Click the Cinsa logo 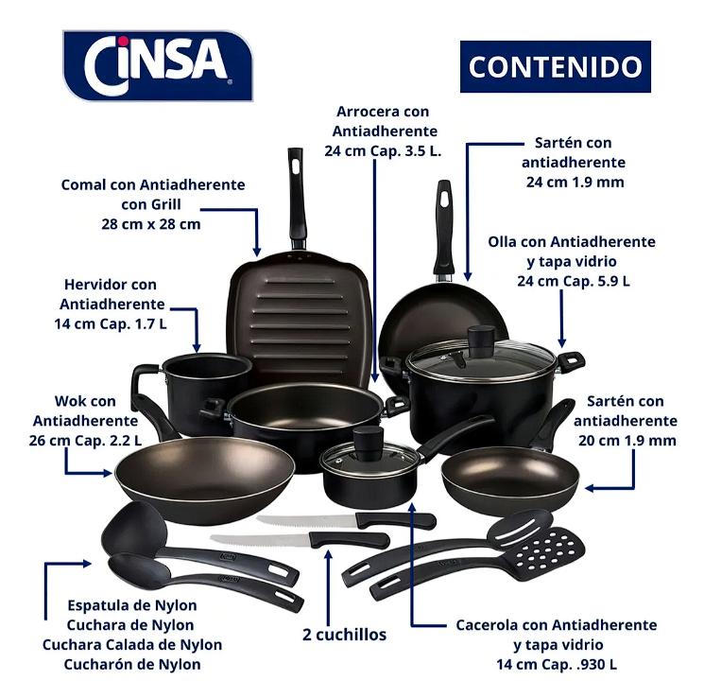coord(158,65)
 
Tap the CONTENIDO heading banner coord(556,66)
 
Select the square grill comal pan coord(300,317)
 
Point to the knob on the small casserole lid coord(369,444)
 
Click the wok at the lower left coord(204,480)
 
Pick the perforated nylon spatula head coord(549,550)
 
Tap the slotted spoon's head coord(520,526)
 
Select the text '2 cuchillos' coord(344,635)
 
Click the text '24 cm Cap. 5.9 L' coord(574,281)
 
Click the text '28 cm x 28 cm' coord(151,224)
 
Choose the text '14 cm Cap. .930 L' coord(557,664)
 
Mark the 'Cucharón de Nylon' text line coord(132,664)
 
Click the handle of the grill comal coord(298,198)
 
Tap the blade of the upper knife coord(306,521)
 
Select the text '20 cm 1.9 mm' coord(627,441)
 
